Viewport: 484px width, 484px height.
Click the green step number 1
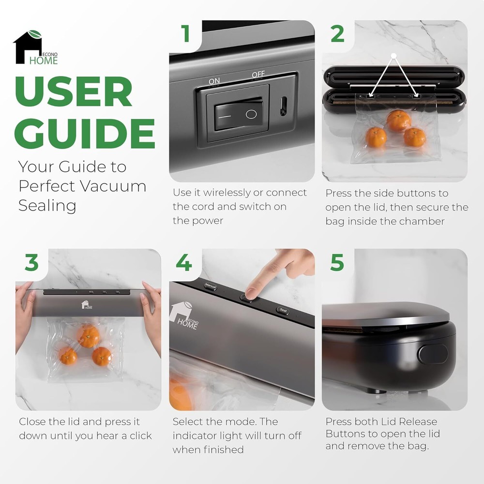coord(185,33)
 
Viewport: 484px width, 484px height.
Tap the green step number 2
coord(337,34)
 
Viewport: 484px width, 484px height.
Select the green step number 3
coord(32,262)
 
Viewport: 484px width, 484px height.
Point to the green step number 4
coord(184,262)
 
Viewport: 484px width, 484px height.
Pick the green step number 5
coord(337,262)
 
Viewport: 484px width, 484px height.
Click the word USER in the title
coord(74,91)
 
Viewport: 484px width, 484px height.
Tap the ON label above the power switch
coord(214,81)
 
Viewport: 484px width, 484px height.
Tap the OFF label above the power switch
coord(258,75)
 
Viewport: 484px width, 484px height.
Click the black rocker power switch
coord(239,113)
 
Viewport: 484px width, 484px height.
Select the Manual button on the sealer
coord(210,286)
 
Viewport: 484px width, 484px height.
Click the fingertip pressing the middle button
coord(251,293)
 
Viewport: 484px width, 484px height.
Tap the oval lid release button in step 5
coord(433,354)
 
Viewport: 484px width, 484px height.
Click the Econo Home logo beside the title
coord(35,47)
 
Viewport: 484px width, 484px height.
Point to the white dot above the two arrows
coord(393,56)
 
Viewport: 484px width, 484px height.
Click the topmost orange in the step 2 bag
coord(399,121)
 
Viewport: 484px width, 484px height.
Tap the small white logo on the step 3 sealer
coord(87,304)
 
